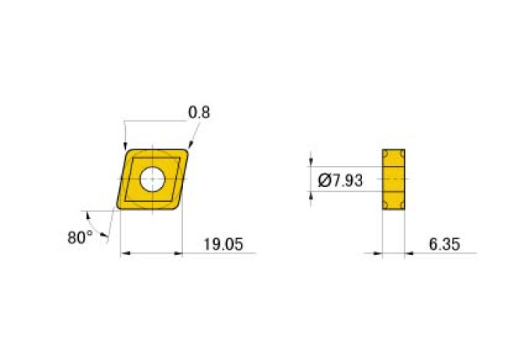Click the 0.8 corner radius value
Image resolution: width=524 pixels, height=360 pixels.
click(199, 113)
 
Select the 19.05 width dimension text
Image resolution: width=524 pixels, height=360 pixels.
click(218, 245)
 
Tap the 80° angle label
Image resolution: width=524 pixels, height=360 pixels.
click(81, 237)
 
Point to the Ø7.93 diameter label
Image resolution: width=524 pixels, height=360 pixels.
click(341, 181)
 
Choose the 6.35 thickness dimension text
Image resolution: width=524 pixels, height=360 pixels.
click(442, 245)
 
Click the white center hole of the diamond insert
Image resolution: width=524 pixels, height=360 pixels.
click(152, 179)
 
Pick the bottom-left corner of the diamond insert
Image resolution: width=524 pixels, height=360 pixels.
click(119, 208)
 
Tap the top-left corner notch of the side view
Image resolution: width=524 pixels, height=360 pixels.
click(385, 151)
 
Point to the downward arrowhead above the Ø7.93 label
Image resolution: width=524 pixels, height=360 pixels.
click(311, 161)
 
